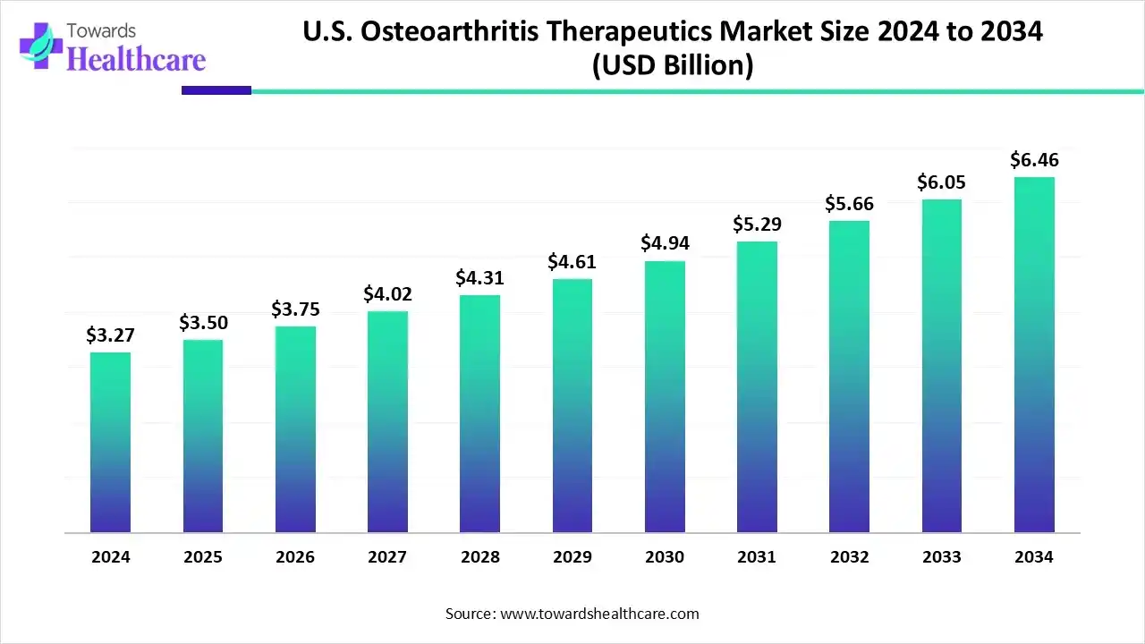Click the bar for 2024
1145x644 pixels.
click(x=110, y=443)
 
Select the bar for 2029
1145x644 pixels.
click(x=572, y=406)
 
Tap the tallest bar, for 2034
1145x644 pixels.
click(x=1034, y=355)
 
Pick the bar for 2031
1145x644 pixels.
click(x=757, y=387)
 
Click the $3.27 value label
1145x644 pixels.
click(x=109, y=335)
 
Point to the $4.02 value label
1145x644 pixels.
click(x=386, y=294)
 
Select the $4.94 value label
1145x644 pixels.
click(x=664, y=243)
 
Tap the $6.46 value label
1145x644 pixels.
click(x=1033, y=160)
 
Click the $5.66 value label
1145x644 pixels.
click(x=849, y=204)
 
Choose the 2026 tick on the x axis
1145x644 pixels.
click(x=295, y=557)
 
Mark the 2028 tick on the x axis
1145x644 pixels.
click(x=479, y=557)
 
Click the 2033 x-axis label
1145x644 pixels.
click(x=941, y=557)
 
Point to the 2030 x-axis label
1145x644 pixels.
click(x=664, y=557)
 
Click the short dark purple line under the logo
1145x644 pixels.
click(x=216, y=90)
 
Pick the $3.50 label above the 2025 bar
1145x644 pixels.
click(x=202, y=323)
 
